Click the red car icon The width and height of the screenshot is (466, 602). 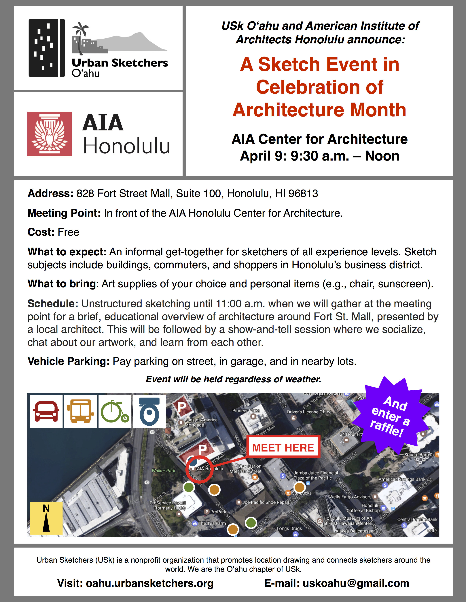tap(46, 411)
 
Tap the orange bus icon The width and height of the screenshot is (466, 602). tap(80, 411)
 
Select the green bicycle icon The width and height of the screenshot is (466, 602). tap(115, 411)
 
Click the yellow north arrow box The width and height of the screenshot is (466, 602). tap(46, 518)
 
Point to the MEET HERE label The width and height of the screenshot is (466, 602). tap(283, 447)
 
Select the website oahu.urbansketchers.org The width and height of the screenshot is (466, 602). tap(149, 583)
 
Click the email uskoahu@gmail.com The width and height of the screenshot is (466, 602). tap(356, 583)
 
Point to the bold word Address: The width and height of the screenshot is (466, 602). tap(50, 194)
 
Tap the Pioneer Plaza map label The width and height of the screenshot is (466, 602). tap(246, 411)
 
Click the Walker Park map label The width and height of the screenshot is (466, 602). tap(163, 470)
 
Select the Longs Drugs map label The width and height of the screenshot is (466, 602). tap(289, 528)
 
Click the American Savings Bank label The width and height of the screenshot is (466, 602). tap(402, 479)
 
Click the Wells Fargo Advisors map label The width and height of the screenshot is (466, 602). tap(350, 497)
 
